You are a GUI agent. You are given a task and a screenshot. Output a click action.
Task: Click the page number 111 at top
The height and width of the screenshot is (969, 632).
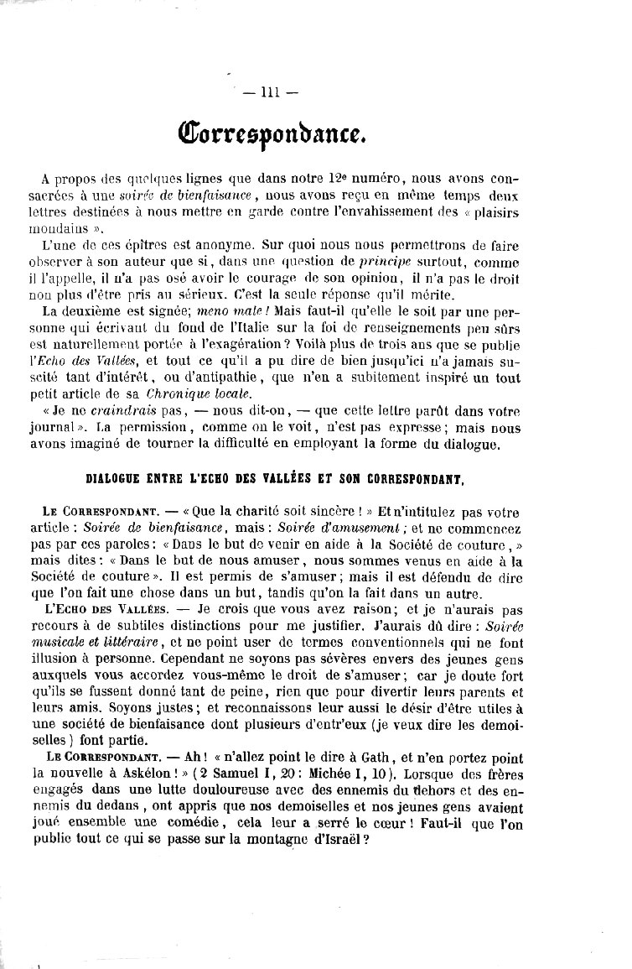pyautogui.click(x=269, y=93)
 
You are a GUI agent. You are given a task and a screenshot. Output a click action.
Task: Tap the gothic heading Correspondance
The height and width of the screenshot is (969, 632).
pyautogui.click(x=269, y=133)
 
